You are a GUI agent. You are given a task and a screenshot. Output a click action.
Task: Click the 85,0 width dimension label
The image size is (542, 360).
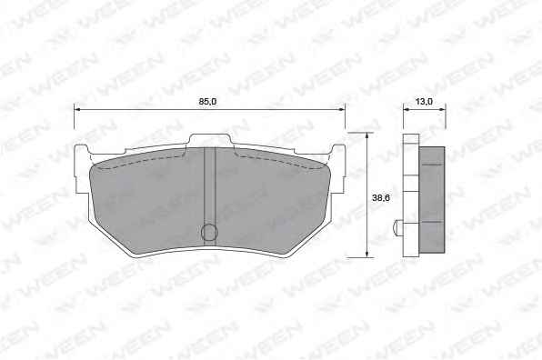click(207, 102)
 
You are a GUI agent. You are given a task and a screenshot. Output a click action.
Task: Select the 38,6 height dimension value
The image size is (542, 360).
click(381, 198)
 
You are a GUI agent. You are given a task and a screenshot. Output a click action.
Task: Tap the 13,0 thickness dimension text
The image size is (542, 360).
click(424, 102)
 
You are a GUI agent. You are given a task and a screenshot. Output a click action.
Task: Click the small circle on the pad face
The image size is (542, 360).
click(209, 232)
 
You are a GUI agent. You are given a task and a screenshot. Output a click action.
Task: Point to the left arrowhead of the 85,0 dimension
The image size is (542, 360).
click(77, 109)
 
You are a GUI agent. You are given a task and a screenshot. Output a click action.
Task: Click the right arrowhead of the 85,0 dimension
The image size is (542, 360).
click(342, 109)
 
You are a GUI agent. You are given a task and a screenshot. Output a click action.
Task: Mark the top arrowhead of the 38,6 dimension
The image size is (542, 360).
click(366, 135)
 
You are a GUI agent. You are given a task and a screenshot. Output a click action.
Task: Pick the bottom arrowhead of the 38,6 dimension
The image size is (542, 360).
click(366, 255)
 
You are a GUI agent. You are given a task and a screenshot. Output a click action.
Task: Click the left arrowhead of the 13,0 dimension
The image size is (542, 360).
click(406, 109)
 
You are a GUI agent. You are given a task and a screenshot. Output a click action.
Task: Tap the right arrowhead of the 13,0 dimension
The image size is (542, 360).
click(442, 109)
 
